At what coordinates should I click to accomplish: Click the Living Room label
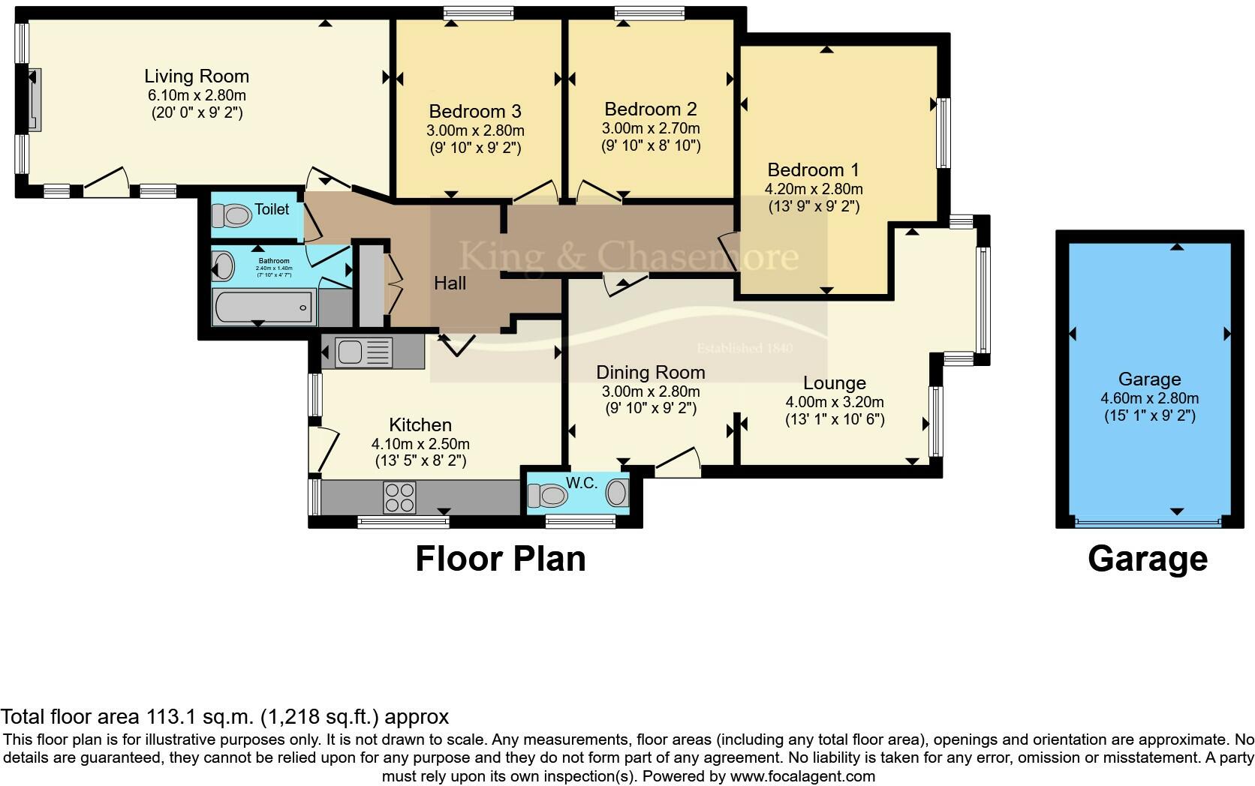point(197,76)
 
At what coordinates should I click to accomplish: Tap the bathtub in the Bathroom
point(263,307)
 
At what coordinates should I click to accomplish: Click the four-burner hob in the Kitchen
point(399,497)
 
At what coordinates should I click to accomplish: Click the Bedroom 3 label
point(475,112)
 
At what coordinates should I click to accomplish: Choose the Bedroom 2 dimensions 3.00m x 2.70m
point(651,128)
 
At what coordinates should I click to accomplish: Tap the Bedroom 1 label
point(813,170)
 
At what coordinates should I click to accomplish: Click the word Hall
point(450,283)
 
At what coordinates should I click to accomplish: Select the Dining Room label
point(651,373)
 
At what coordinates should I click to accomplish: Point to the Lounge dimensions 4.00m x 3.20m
point(835,402)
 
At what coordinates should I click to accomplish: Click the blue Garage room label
point(1149,379)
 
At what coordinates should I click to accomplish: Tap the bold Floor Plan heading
point(501,559)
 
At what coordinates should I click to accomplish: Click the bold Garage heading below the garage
point(1147,559)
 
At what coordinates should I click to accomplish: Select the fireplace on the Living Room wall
point(35,99)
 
